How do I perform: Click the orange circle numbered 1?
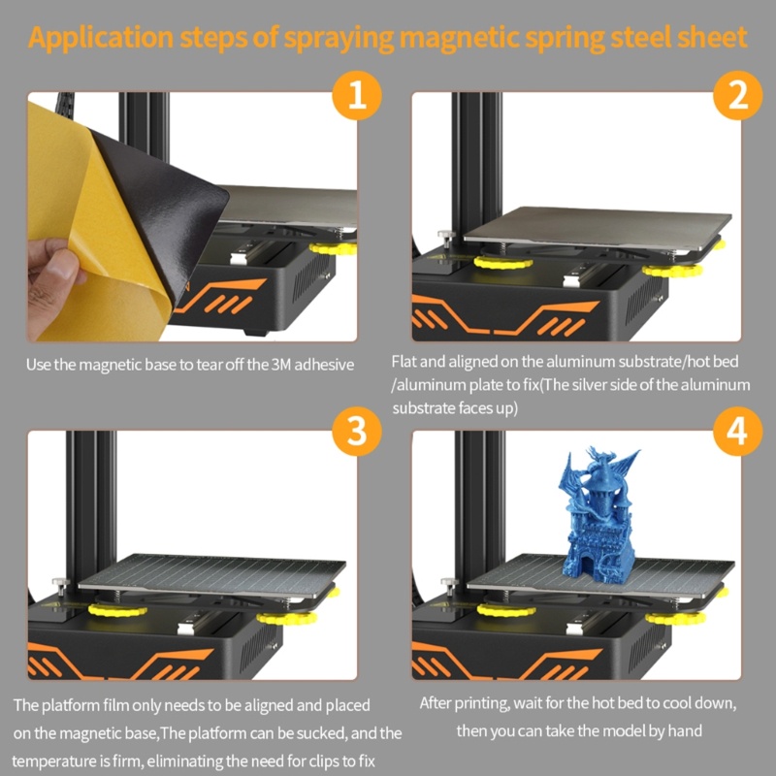tap(357, 95)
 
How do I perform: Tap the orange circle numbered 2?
tap(737, 95)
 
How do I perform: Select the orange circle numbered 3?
tap(357, 431)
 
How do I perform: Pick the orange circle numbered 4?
tap(737, 431)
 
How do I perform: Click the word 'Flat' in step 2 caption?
tap(404, 362)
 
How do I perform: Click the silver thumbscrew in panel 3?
tap(61, 586)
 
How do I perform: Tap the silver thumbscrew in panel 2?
tap(446, 239)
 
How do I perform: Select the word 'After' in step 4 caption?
tap(435, 703)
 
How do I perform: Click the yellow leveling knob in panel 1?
tap(333, 248)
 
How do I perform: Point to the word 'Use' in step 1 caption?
tap(38, 366)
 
